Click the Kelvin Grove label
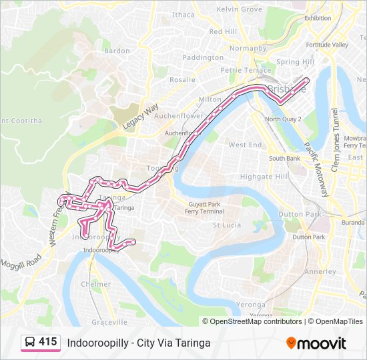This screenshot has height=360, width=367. [240, 9]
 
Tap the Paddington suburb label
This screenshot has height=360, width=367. [203, 58]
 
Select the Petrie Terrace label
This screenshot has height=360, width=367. [246, 70]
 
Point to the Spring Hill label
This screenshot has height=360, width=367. [295, 62]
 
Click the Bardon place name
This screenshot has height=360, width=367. [117, 51]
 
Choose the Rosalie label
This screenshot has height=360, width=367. [182, 79]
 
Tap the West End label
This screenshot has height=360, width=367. [245, 145]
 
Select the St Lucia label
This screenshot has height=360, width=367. [226, 225]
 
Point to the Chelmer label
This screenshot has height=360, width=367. [95, 284]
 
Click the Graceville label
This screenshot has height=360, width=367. [109, 322]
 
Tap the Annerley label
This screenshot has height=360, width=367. [320, 272]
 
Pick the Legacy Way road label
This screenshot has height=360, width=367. [140, 116]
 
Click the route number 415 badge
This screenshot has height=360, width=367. [47, 342]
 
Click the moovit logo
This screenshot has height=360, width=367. [316, 343]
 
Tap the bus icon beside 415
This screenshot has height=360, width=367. [30, 343]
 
